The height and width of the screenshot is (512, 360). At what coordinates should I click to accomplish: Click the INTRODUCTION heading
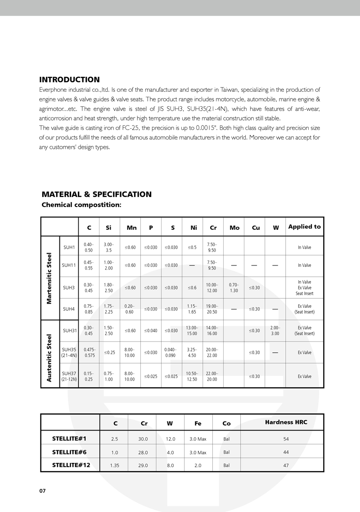(x=70, y=80)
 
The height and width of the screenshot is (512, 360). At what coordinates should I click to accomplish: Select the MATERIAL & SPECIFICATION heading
(x=96, y=194)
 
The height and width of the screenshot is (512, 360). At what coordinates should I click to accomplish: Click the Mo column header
(x=234, y=228)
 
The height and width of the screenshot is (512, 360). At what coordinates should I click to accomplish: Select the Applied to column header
(x=304, y=226)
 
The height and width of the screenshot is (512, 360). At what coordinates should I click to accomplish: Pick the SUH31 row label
(x=69, y=330)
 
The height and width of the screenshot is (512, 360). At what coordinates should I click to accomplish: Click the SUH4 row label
(x=69, y=309)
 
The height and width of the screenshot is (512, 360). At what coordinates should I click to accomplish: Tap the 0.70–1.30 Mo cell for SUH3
(x=234, y=287)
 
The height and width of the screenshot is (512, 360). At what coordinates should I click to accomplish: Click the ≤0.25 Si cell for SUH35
(x=108, y=352)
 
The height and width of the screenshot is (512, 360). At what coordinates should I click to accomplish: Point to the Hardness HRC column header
(x=286, y=422)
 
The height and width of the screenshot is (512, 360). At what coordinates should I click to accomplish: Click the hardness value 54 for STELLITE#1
(x=286, y=439)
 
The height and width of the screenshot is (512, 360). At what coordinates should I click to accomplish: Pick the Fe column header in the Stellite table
(x=198, y=423)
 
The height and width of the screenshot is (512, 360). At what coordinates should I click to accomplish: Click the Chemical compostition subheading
(x=81, y=205)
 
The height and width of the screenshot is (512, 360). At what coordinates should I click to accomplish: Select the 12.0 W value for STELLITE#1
(x=171, y=439)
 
